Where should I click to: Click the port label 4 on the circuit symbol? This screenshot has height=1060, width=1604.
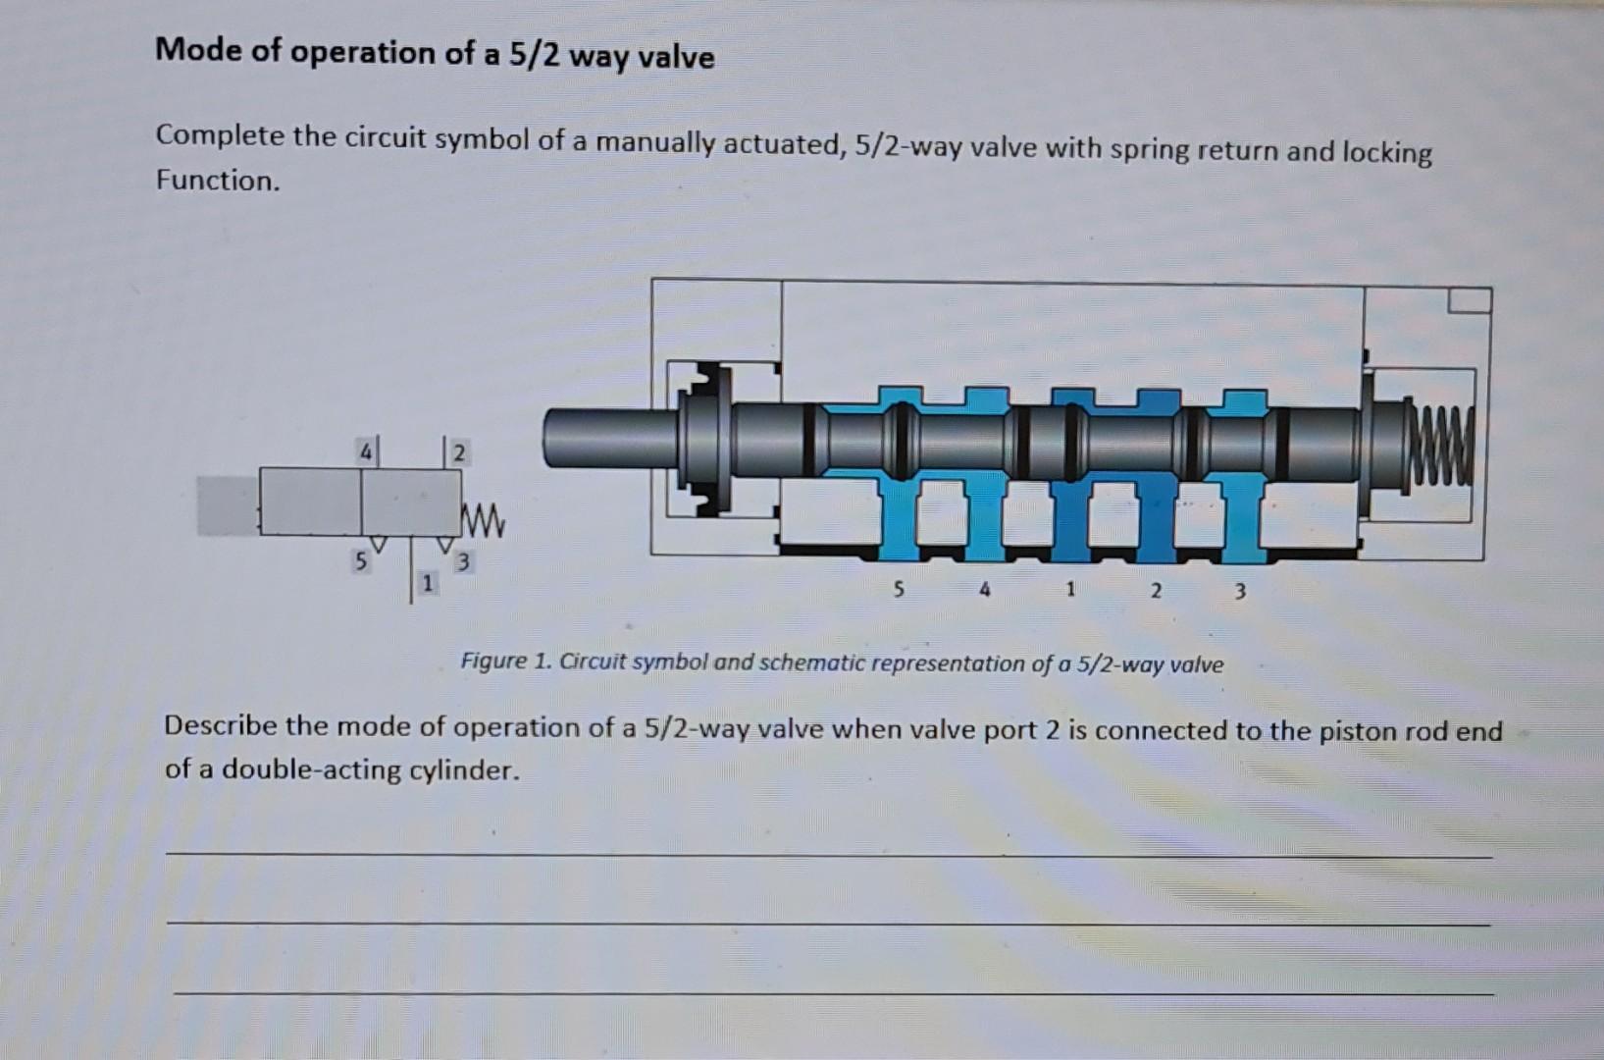click(366, 451)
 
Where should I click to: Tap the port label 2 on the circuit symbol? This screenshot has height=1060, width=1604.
click(460, 452)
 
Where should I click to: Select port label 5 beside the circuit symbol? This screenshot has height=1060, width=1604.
click(361, 561)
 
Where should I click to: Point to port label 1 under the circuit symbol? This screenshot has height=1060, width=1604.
click(428, 584)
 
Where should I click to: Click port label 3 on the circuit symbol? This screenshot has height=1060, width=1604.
click(463, 561)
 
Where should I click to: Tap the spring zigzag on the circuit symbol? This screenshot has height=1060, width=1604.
click(484, 521)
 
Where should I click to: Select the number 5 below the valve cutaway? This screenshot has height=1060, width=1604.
click(900, 590)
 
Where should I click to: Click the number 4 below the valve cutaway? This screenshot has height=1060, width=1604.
click(985, 590)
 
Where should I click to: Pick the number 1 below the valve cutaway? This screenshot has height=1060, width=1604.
click(1070, 590)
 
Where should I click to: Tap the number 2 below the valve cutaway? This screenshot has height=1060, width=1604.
click(1156, 591)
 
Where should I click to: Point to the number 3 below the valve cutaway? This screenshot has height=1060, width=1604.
click(1240, 592)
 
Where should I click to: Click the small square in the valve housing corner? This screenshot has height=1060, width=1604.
click(1470, 300)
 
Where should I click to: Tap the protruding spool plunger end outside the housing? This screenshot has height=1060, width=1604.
click(610, 438)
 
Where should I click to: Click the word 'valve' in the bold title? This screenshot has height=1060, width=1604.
click(676, 57)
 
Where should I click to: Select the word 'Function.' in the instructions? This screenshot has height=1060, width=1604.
click(218, 181)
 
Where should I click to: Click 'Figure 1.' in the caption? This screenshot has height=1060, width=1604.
click(504, 662)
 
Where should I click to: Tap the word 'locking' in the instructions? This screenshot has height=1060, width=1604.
click(1386, 153)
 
